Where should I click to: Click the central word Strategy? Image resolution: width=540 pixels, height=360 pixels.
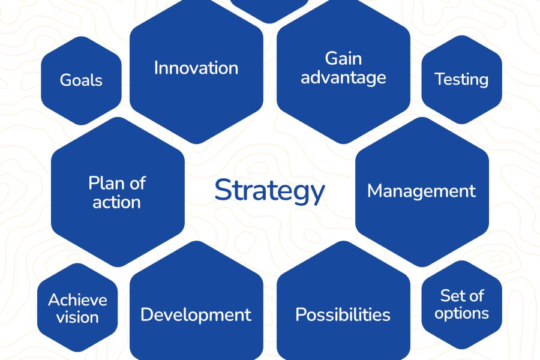pyautogui.click(x=269, y=191)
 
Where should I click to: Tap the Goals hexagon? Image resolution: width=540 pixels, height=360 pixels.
pyautogui.click(x=81, y=80)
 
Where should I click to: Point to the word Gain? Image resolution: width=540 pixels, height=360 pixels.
pyautogui.click(x=343, y=59)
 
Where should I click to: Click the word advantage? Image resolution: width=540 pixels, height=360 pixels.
pyautogui.click(x=343, y=78)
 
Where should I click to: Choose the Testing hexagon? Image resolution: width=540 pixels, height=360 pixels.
pyautogui.click(x=462, y=80)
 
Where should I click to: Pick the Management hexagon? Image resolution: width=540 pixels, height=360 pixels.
pyautogui.click(x=422, y=192)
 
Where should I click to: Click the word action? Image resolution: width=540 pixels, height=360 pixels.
pyautogui.click(x=117, y=202)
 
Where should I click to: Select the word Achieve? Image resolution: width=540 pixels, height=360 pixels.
pyautogui.click(x=77, y=300)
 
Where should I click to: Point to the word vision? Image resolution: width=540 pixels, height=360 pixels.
pyautogui.click(x=77, y=317)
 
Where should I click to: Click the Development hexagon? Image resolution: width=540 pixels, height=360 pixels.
pyautogui.click(x=196, y=301)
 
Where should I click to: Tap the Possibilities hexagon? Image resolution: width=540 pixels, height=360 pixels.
pyautogui.click(x=343, y=301)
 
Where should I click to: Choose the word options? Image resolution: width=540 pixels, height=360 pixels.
pyautogui.click(x=461, y=314)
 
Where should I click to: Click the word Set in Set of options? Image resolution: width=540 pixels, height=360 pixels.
pyautogui.click(x=451, y=296)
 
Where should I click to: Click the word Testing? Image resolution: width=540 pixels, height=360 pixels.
pyautogui.click(x=461, y=80)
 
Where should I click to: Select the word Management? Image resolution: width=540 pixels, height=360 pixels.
pyautogui.click(x=422, y=191)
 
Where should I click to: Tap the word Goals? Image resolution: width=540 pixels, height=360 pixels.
pyautogui.click(x=81, y=80)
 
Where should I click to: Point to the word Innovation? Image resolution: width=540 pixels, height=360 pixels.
pyautogui.click(x=196, y=68)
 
